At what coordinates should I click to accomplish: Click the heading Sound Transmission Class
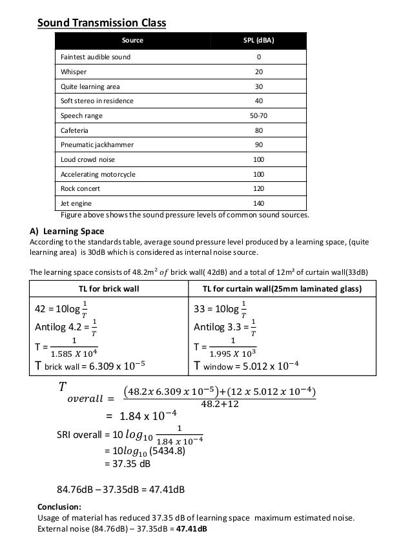pyautogui.click(x=101, y=23)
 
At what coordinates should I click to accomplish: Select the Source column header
pyautogui.click(x=132, y=40)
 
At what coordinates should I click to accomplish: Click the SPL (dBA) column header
pyautogui.click(x=258, y=40)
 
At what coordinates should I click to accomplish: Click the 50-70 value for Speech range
pyautogui.click(x=258, y=116)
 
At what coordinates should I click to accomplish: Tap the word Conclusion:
pyautogui.click(x=60, y=506)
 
